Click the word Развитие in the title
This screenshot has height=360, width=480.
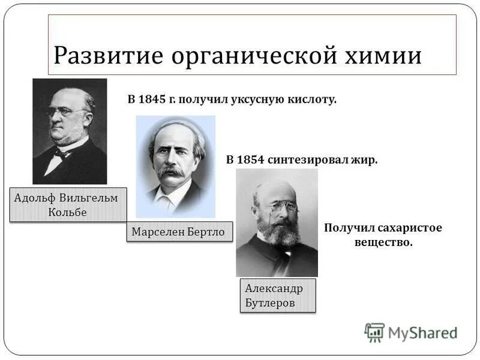click(107, 55)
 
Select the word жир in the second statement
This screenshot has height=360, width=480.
click(366, 160)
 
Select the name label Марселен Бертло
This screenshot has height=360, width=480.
click(179, 232)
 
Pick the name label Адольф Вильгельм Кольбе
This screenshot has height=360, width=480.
click(69, 205)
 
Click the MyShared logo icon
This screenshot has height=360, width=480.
click(374, 332)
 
